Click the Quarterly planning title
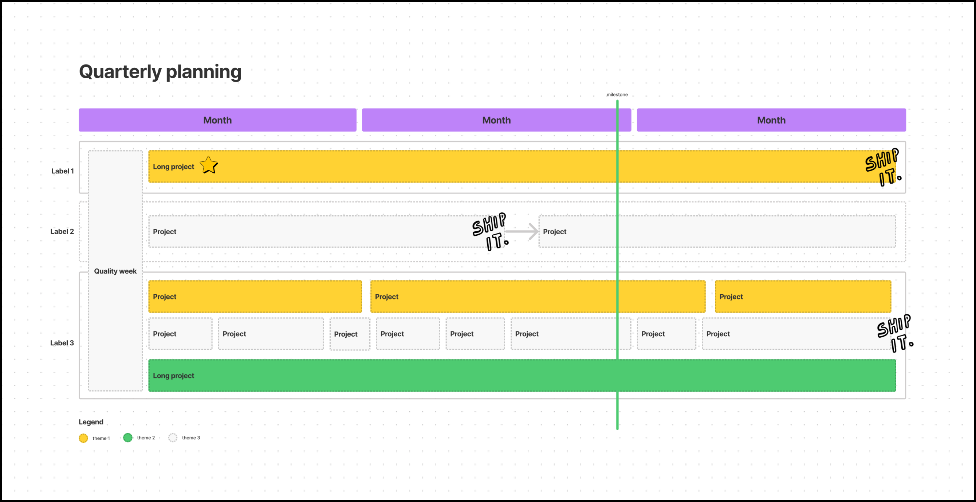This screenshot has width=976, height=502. tap(160, 72)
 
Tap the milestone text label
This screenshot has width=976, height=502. tap(617, 95)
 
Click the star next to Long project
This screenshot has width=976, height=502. tap(209, 165)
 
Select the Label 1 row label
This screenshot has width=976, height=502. tap(63, 171)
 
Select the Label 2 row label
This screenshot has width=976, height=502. tap(62, 231)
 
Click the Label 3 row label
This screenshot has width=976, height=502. tap(62, 343)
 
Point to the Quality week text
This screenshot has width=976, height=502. tap(115, 271)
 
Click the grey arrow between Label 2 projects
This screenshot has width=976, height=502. tap(522, 231)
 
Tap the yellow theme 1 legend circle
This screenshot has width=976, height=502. tap(83, 438)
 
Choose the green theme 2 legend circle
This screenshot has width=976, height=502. tap(128, 438)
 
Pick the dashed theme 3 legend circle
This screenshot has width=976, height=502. tap(173, 438)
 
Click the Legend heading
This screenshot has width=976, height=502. tap(91, 422)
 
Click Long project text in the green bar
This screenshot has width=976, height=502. tap(173, 376)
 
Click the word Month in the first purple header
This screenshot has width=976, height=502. tap(217, 120)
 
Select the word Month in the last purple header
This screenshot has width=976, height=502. tap(771, 120)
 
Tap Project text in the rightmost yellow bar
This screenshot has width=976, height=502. tap(731, 297)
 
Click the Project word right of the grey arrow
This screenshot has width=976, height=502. tap(554, 231)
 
